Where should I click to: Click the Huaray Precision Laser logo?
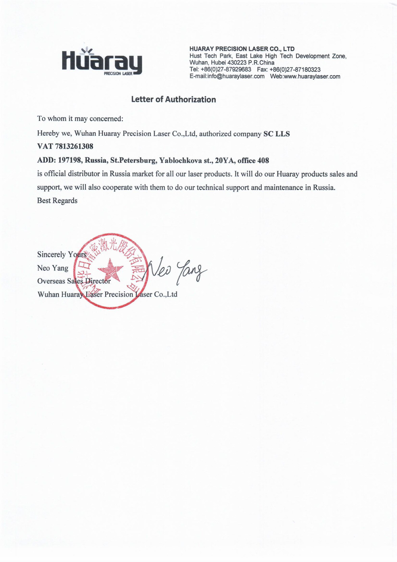(102, 62)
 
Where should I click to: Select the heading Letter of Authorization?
(173, 100)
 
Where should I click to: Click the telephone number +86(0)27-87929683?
(226, 70)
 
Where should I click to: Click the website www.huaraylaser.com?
(312, 77)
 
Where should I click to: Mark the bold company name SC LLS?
(277, 134)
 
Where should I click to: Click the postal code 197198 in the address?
(70, 161)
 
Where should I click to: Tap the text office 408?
(253, 161)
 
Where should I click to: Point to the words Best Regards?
(57, 201)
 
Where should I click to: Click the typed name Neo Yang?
(53, 268)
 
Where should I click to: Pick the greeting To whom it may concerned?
(80, 119)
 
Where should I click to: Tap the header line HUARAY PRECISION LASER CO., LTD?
(242, 49)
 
